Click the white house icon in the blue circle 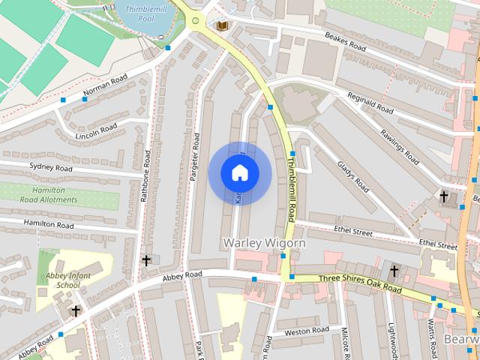click(x=240, y=173)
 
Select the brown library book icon click(x=222, y=26)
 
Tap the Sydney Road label click(x=51, y=168)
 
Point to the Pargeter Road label click(x=196, y=160)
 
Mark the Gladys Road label click(x=352, y=176)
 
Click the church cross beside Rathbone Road click(x=146, y=260)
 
